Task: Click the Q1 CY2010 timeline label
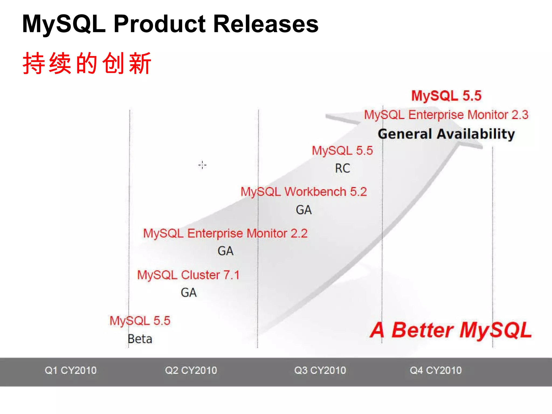(71, 370)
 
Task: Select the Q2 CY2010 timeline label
(191, 370)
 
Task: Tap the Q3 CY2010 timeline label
(320, 370)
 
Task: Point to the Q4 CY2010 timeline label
(436, 370)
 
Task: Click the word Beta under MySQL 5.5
(140, 339)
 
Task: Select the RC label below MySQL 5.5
(342, 168)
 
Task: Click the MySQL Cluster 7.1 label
(188, 275)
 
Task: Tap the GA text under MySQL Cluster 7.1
(189, 293)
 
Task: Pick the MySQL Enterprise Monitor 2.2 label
(225, 233)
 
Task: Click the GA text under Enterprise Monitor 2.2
(225, 251)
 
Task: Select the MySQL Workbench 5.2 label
(303, 192)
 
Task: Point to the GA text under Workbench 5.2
(303, 210)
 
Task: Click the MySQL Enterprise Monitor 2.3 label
(446, 115)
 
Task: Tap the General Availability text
(446, 134)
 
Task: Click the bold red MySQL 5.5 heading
(446, 96)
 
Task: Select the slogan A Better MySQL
(451, 330)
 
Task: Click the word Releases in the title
(266, 24)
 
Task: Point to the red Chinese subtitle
(87, 64)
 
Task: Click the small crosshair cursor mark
(202, 165)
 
